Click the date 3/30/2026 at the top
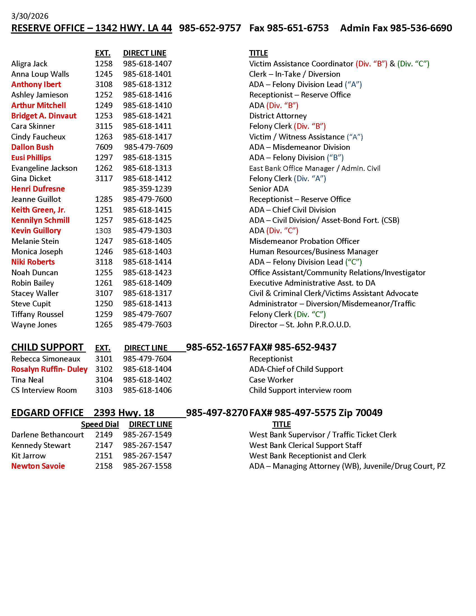[30, 16]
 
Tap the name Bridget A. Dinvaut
[44, 116]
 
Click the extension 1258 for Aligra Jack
[104, 64]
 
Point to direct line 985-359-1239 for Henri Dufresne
[147, 189]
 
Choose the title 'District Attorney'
[278, 116]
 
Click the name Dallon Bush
[32, 147]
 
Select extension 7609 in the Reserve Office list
[104, 147]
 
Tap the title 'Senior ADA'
[269, 189]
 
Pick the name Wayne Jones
[34, 325]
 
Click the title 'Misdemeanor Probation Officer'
[304, 241]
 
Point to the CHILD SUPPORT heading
[47, 347]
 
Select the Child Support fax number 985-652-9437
[305, 347]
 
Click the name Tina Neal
[27, 380]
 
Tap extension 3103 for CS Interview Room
[104, 390]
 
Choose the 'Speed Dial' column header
[100, 424]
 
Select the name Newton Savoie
[38, 466]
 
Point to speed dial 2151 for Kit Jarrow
[104, 456]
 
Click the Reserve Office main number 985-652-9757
[210, 28]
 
